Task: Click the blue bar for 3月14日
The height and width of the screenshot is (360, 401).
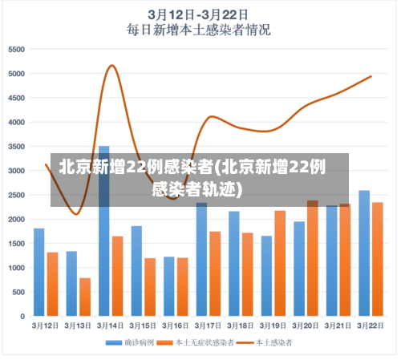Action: click(x=104, y=233)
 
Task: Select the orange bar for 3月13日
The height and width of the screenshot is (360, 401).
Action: click(x=85, y=297)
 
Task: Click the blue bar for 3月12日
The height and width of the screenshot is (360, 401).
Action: click(x=39, y=272)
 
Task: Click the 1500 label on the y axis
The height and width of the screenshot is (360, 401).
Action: click(x=17, y=244)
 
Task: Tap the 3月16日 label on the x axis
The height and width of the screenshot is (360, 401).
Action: click(x=175, y=326)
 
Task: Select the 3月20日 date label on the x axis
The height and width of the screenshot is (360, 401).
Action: click(x=305, y=326)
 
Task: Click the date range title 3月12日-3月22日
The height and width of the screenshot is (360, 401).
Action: click(x=198, y=14)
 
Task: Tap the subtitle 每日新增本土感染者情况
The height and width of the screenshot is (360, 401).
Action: click(x=198, y=30)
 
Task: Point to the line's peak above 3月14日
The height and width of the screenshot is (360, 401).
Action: click(x=111, y=66)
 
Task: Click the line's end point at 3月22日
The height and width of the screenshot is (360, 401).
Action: click(x=371, y=76)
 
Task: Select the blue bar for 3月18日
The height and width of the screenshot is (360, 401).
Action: click(x=234, y=264)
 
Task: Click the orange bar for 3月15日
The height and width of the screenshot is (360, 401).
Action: click(x=150, y=287)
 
